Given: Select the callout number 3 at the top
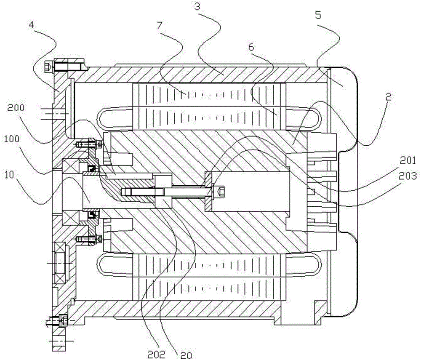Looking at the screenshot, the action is tap(197, 6).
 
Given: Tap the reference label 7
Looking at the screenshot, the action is tap(160, 25).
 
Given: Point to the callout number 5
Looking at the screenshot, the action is tap(318, 15).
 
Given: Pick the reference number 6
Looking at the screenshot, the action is tap(251, 47).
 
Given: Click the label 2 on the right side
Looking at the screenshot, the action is tap(388, 97).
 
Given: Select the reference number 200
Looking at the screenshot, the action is tap(16, 108).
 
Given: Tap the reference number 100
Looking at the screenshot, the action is tap(12, 139).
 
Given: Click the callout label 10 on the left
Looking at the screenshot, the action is tap(10, 175).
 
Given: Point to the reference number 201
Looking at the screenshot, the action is tap(407, 160).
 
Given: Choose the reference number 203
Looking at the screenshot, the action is tap(408, 176).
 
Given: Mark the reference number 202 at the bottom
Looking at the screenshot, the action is tap(157, 355).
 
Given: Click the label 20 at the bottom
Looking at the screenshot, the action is tap(186, 355).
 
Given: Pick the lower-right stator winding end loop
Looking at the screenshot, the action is tap(304, 265).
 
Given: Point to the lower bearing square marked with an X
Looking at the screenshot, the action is tap(70, 218).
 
